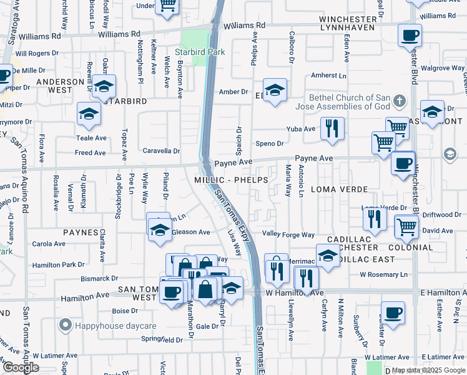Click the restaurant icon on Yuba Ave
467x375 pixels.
pos(332,129)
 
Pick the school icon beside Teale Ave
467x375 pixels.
pos(89,114)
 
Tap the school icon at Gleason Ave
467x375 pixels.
pos(159,226)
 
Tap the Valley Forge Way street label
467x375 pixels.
pos(288,234)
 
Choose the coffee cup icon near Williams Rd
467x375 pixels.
pos(410,35)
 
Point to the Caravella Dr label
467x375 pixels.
pos(162,151)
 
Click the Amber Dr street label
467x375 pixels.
pos(234,92)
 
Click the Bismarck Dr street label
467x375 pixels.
pos(99,278)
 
